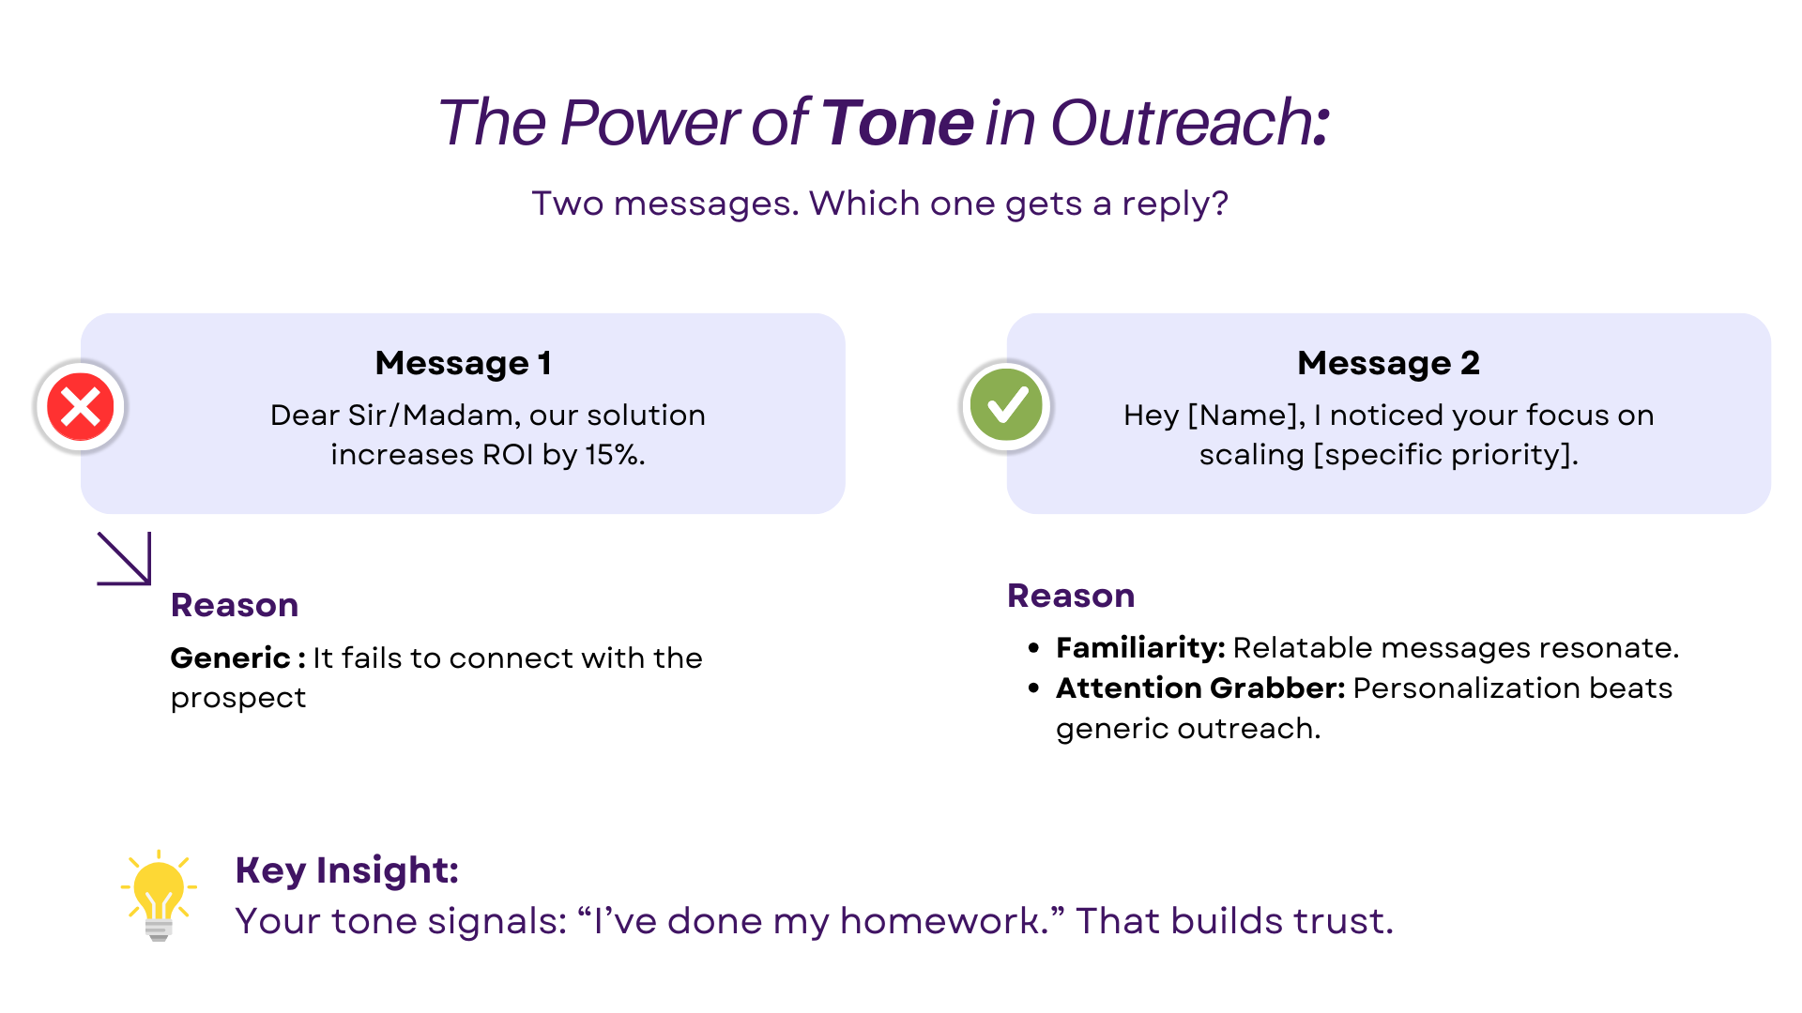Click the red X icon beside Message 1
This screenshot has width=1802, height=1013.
coord(81,407)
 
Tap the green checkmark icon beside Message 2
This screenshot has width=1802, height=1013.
coord(1006,406)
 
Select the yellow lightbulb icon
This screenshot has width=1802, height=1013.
coord(159,895)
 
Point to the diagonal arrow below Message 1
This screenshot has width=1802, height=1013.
coord(124,559)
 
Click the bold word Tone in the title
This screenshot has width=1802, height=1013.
coord(897,122)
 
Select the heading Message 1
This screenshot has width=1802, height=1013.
coord(463,363)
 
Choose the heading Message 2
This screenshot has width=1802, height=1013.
coord(1388,363)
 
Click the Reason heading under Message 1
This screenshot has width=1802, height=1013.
coord(235,605)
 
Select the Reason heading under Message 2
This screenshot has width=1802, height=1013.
coord(1071,596)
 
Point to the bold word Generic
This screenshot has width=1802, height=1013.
coord(231,658)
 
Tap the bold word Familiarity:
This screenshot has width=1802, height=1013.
coord(1140,648)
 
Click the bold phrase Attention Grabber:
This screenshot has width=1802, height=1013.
coord(1200,688)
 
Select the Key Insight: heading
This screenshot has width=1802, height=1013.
coord(346,870)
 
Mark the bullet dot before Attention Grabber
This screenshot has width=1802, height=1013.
coord(1033,688)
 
